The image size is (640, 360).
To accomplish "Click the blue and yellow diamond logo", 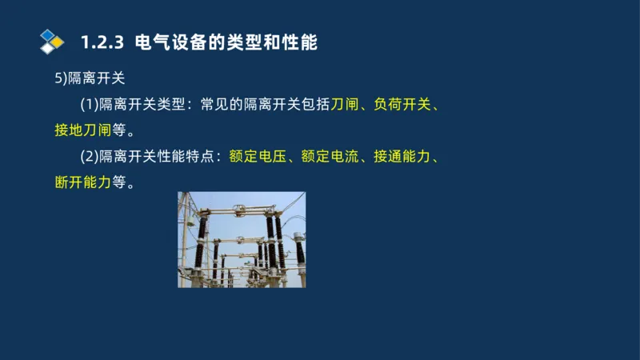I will click(51, 41).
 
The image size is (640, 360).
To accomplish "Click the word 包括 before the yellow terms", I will click(315, 106).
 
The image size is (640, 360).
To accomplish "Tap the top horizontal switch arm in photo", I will click(240, 212).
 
